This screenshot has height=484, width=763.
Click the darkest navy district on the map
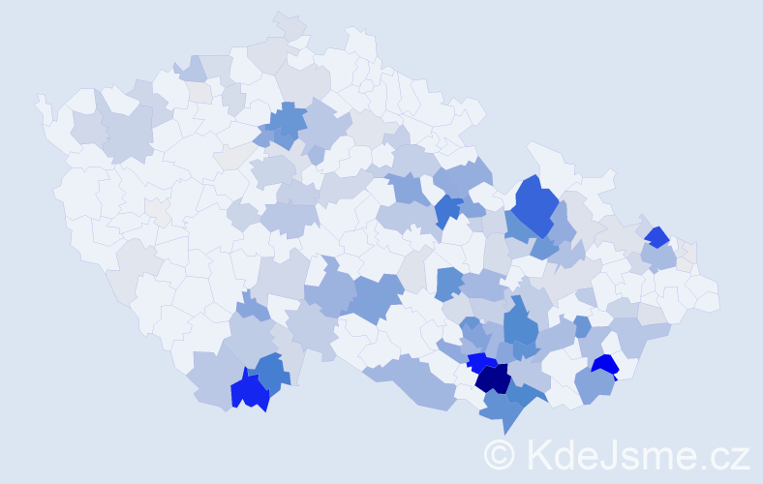click(x=493, y=378)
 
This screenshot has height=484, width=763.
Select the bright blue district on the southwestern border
click(x=249, y=392)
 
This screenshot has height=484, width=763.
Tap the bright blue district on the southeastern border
click(x=605, y=365)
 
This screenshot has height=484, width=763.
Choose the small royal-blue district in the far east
click(x=657, y=237)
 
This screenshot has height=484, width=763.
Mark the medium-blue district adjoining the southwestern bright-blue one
click(x=273, y=373)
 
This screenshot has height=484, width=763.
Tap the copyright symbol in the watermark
click(x=500, y=455)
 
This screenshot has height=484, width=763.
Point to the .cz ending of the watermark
click(x=727, y=455)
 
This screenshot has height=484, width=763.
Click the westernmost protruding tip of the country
click(x=40, y=100)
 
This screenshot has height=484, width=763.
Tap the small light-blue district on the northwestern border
click(x=192, y=69)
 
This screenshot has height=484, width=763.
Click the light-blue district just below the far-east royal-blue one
click(x=658, y=257)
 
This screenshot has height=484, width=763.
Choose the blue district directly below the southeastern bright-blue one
click(x=593, y=386)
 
